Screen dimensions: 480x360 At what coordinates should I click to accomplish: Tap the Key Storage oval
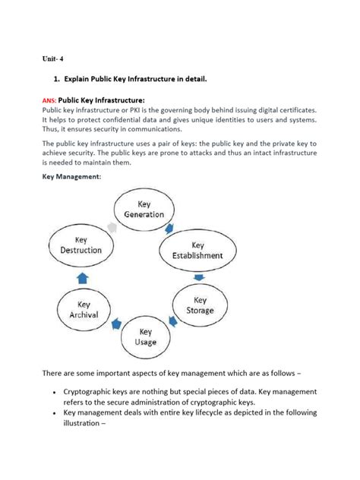200,306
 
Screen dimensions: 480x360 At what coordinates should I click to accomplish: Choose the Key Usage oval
147,337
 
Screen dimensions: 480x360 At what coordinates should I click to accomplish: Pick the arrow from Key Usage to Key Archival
116,324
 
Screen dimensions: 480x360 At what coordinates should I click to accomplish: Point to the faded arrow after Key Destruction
111,227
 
